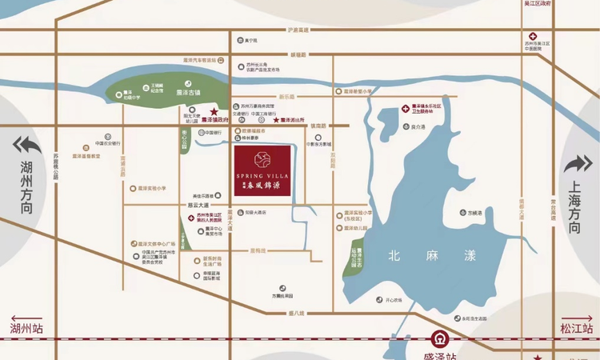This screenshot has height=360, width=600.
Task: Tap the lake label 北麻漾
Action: click(432, 256)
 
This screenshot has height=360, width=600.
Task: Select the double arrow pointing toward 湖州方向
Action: click(26, 146)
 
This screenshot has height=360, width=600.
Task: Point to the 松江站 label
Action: click(576, 330)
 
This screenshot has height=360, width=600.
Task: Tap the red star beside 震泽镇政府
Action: click(214, 112)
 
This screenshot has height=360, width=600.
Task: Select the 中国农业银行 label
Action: click(107, 144)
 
